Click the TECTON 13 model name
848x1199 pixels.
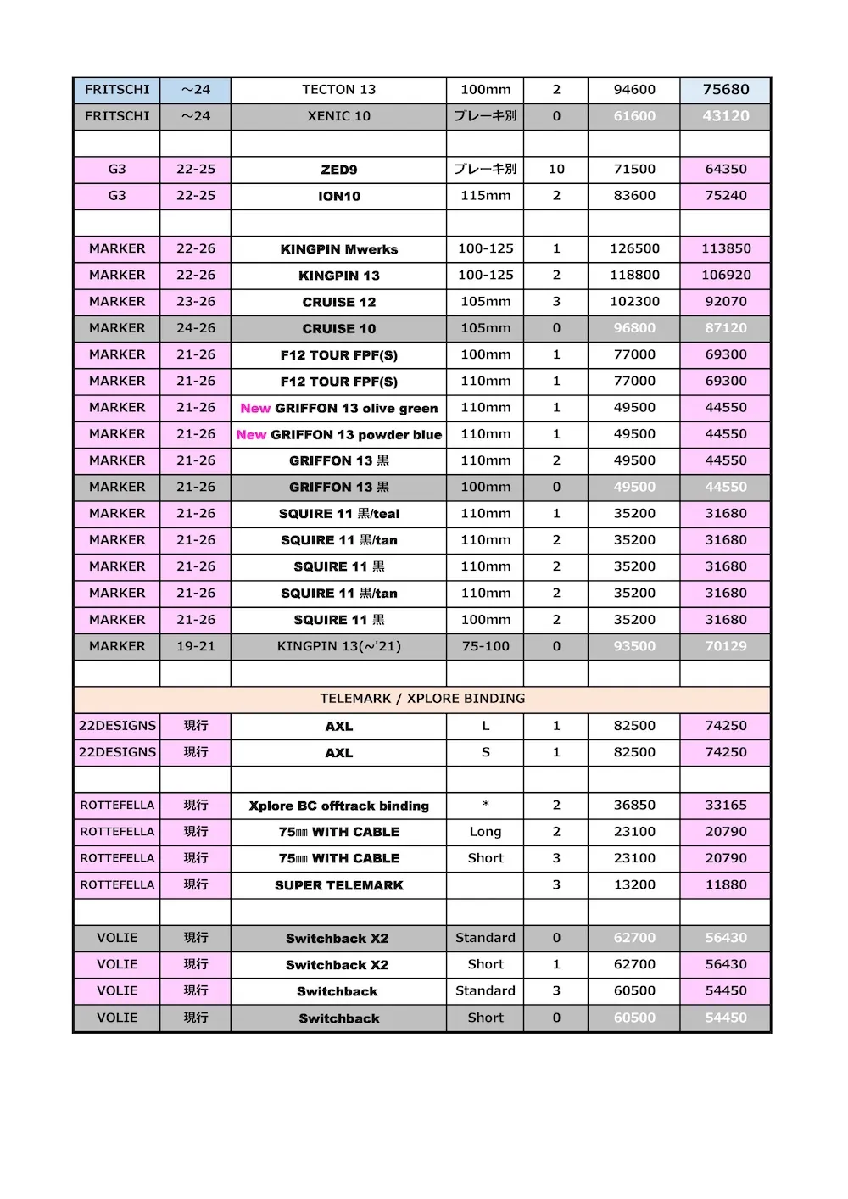coord(338,90)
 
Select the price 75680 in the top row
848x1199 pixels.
coord(726,90)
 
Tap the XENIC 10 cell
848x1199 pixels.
coord(338,116)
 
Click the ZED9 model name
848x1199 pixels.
coord(338,170)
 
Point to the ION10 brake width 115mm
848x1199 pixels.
coord(485,196)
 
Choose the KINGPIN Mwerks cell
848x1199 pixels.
coord(338,249)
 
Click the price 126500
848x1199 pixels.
coord(634,249)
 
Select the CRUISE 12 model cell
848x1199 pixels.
coord(338,302)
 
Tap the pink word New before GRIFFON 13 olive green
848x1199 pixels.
coord(255,408)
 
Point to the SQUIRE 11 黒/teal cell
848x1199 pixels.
coord(338,514)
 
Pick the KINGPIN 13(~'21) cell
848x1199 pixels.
coord(338,646)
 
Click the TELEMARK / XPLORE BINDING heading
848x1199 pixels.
coord(422,699)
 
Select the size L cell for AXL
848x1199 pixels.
coord(485,726)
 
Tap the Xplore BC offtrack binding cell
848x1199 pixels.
coord(338,806)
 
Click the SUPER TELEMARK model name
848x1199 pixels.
coord(338,885)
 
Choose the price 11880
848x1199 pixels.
coord(726,884)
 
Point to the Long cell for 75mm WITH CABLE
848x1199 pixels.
coord(485,832)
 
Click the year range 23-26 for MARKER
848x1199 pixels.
coord(196,302)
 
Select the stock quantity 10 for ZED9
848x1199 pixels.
coord(556,170)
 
